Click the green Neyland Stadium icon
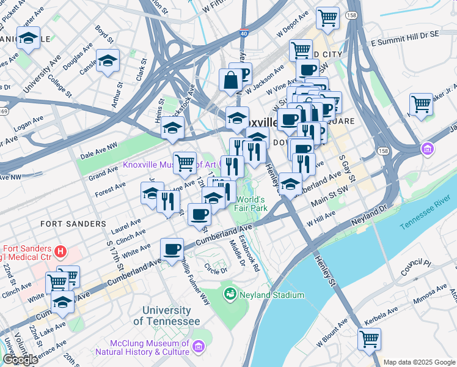tap(230, 295)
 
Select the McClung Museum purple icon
tap(198, 347)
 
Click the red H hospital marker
tap(60, 251)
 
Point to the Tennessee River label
tap(428, 218)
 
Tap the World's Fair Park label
tap(250, 204)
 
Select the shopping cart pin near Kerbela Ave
tap(369, 338)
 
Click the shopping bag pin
tap(232, 80)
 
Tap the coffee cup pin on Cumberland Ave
tap(172, 248)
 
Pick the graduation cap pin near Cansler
tap(108, 61)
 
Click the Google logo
tap(20, 360)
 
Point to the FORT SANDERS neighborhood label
tap(73, 224)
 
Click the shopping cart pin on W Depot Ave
tap(328, 17)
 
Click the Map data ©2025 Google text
tap(419, 362)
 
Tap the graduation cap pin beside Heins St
tap(173, 127)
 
